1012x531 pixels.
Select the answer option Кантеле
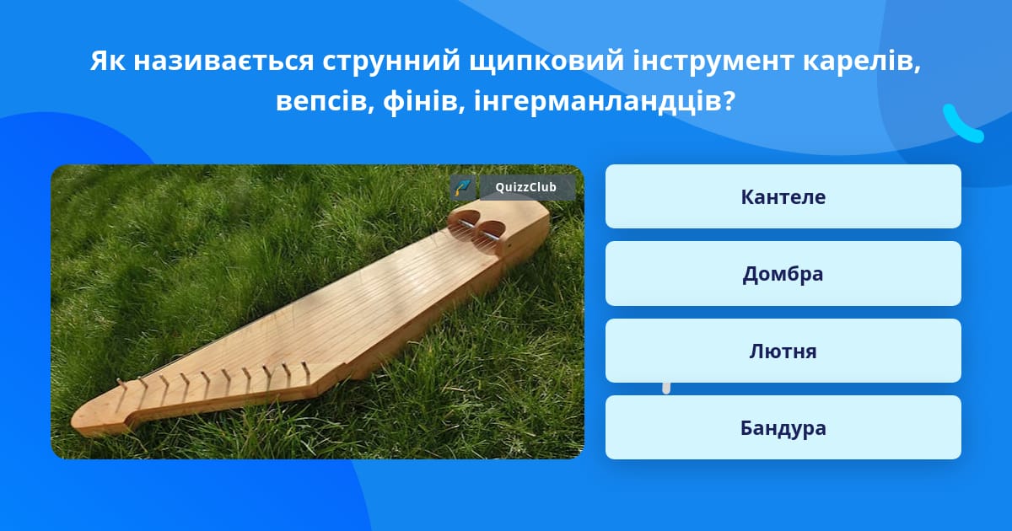783,196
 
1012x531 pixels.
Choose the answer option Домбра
783,274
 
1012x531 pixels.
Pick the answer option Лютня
783,351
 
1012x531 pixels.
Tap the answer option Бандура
783,427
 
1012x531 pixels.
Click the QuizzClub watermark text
526,187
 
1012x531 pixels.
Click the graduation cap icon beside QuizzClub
463,187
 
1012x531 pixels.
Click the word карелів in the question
862,61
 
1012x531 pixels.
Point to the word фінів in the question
424,102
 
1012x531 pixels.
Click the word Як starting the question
108,61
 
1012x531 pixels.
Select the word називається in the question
223,61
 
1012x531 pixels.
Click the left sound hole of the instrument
464,220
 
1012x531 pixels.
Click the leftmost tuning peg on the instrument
121,388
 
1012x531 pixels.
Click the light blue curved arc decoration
961,125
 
